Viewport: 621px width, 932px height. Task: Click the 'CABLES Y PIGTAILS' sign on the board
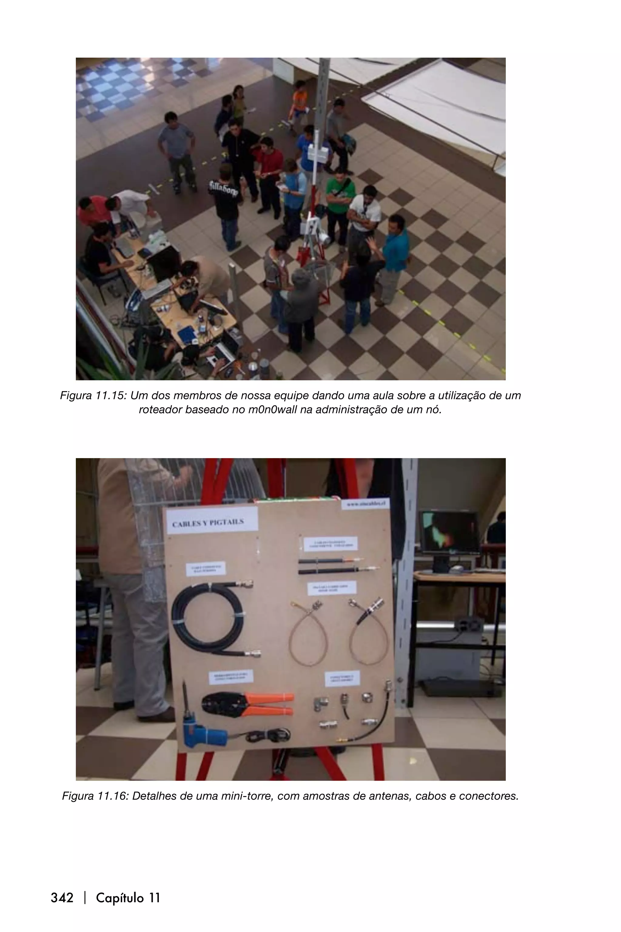[208, 523]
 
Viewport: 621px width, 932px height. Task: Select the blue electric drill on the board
[202, 734]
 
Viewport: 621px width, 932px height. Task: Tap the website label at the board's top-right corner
[365, 504]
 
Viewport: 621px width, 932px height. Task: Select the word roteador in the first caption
[160, 410]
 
